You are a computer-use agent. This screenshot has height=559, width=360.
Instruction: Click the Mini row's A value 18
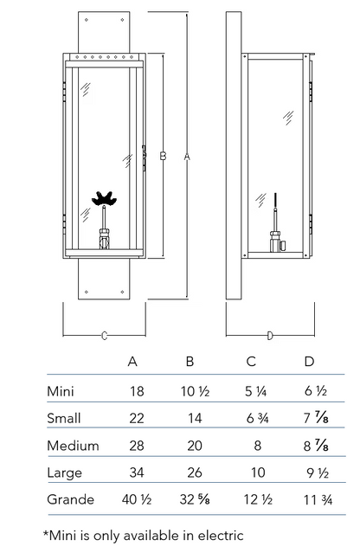pos(137,391)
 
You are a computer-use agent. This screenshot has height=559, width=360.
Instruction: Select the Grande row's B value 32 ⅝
pos(194,499)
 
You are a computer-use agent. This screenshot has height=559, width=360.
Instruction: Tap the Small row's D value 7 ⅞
pos(316,418)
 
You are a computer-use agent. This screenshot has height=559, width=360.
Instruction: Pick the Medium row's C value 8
pos(257,446)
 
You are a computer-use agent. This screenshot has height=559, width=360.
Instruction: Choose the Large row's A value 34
pos(137,472)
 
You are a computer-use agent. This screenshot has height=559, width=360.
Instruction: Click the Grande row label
pos(71,499)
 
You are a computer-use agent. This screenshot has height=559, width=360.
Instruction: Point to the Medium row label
pos(73,446)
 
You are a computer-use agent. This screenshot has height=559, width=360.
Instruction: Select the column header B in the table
pos(190,362)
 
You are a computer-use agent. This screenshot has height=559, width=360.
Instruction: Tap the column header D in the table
pos(310,362)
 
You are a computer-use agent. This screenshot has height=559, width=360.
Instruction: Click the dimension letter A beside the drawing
pos(188,156)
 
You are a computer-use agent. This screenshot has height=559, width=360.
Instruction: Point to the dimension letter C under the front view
pos(104,336)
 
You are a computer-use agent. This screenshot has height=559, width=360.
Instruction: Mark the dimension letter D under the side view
pos(270,336)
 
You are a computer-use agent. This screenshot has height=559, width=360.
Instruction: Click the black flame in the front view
pos(104,198)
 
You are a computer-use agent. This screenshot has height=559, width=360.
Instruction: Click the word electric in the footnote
pos(221,535)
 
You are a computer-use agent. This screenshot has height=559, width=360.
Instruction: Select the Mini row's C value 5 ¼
pos(255,391)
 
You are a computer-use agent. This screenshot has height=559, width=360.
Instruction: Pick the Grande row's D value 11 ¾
pos(318,500)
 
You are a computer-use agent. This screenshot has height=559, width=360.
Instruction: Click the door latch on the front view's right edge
pos(144,157)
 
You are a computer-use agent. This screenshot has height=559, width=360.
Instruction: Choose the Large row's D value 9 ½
pos(318,472)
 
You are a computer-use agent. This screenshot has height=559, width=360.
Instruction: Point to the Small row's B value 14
pos(195,418)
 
